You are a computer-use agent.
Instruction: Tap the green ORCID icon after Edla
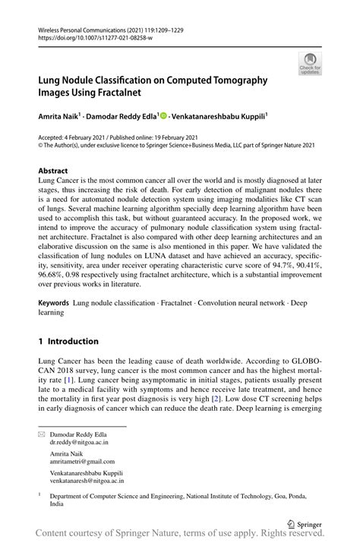[x=163, y=115]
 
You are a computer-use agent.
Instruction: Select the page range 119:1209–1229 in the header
[x=156, y=30]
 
